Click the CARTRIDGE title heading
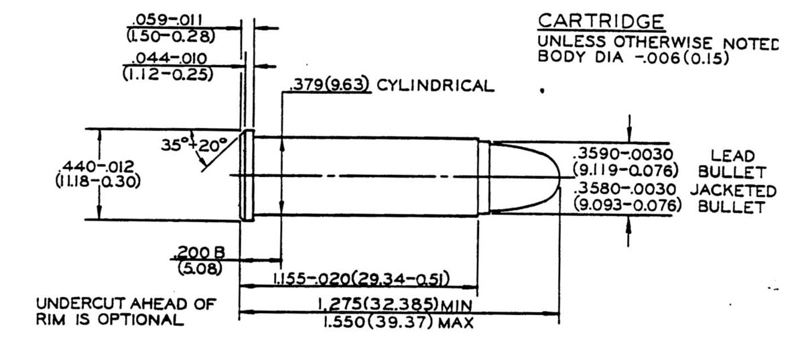600,21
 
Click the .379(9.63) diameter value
330,86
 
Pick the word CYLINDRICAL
435,86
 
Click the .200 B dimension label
199,253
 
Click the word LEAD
732,156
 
